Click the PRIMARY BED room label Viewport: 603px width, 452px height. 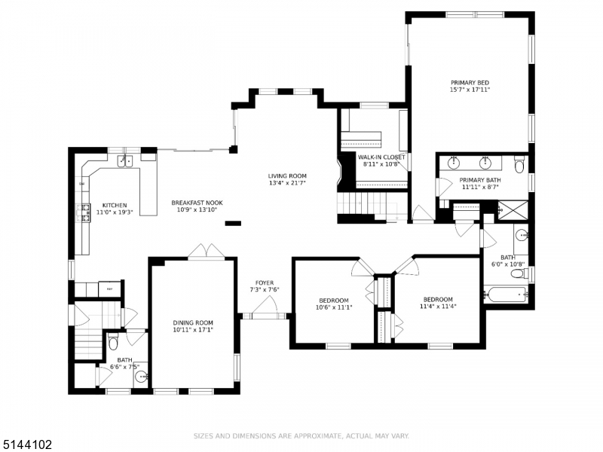470,82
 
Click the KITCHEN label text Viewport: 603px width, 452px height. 115,205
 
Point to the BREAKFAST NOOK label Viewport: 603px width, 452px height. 197,202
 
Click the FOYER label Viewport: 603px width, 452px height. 265,282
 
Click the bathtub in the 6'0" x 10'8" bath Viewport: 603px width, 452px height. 506,295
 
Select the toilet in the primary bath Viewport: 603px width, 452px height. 520,163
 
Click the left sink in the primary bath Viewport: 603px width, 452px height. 455,162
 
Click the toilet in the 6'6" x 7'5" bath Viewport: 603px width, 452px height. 113,344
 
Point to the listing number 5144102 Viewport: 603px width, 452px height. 27,444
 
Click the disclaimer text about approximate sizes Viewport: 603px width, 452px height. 301,435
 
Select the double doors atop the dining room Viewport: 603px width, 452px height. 206,252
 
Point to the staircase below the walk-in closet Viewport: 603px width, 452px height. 364,203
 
